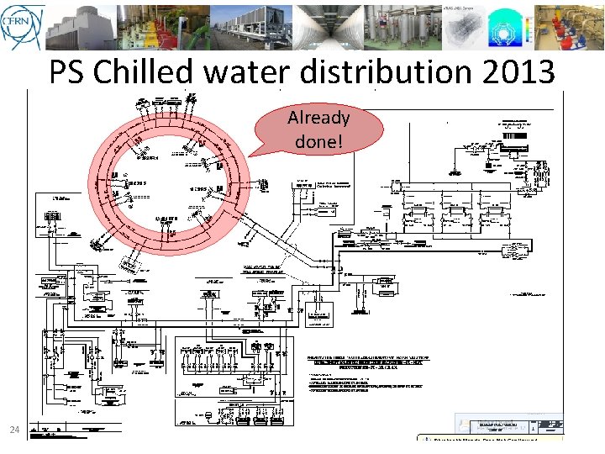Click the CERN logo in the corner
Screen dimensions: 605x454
point(22,27)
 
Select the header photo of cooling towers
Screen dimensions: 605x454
point(81,27)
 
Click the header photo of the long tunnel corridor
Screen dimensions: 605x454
point(329,27)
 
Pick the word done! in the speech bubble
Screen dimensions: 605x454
point(318,141)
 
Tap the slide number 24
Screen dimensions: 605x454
point(14,430)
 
